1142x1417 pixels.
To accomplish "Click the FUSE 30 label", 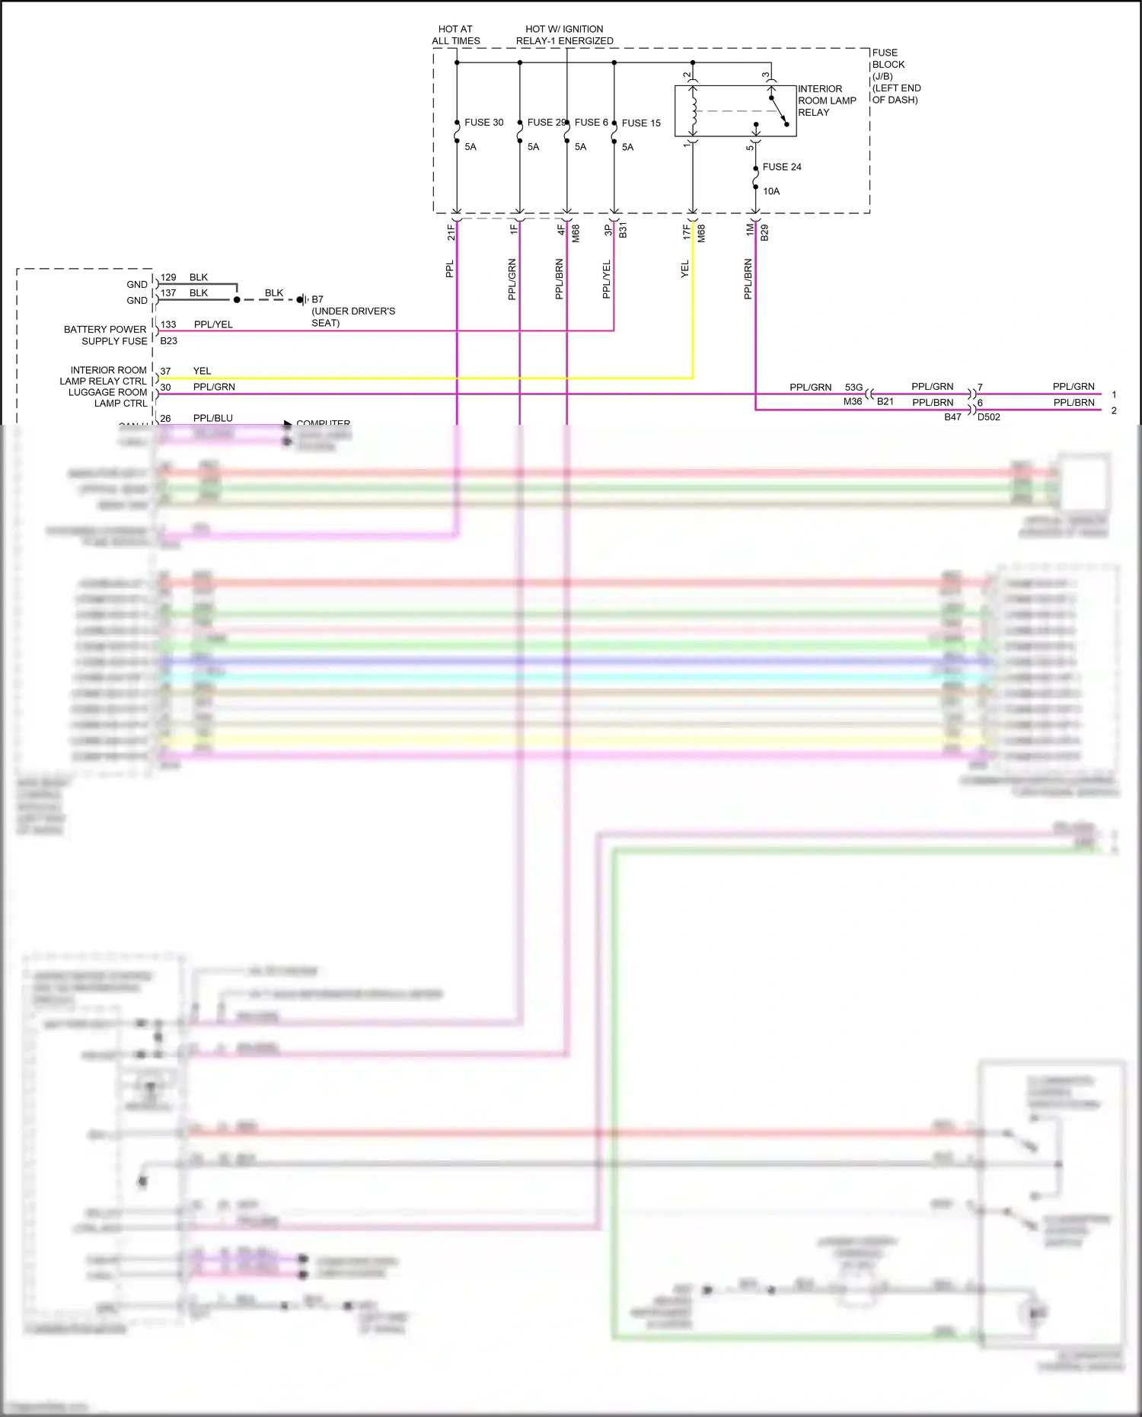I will (x=483, y=123).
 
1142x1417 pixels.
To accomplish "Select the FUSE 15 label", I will (x=641, y=123).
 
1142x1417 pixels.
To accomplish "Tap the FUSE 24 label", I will (x=782, y=168).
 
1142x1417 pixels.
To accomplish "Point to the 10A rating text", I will (x=771, y=192).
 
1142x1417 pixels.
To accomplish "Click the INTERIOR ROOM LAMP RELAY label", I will (x=826, y=101).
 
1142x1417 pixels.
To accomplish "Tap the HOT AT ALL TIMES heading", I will (x=456, y=35).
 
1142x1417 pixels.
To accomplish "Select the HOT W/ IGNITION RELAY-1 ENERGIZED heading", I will (x=564, y=35).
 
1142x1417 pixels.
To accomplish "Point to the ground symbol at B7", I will (x=303, y=300).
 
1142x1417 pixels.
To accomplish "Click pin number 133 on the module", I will (x=168, y=324).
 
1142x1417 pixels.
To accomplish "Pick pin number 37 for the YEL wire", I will (x=165, y=372).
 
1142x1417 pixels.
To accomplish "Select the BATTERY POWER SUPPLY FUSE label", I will (x=105, y=335).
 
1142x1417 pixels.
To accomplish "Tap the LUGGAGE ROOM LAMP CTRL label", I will (x=107, y=398).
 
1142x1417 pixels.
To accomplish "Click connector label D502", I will (x=988, y=417).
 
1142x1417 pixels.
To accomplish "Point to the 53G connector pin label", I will (x=853, y=388).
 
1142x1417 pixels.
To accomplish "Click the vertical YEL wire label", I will (x=684, y=269).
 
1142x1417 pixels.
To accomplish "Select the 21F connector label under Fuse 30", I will (x=451, y=232).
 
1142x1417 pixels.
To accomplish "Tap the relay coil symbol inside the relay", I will (x=694, y=111).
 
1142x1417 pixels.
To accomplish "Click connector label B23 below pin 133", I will (x=168, y=341).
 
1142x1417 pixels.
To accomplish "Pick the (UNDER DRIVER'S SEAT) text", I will (x=352, y=317).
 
